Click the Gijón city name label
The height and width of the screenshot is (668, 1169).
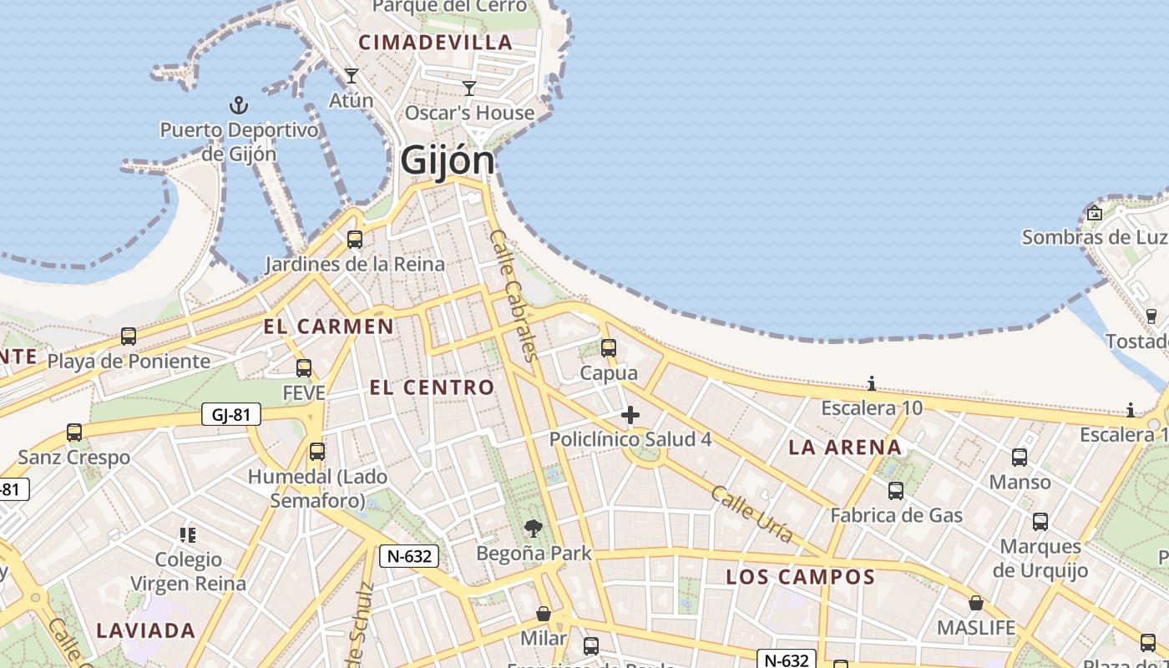[447, 159]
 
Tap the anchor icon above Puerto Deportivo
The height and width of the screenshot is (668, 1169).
[240, 105]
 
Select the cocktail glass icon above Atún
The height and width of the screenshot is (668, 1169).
[352, 76]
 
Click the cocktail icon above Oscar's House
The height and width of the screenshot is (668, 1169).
[469, 88]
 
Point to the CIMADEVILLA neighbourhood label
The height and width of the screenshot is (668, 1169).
[435, 43]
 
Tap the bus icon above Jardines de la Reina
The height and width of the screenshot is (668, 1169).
[355, 240]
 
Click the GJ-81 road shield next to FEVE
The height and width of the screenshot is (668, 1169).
[231, 414]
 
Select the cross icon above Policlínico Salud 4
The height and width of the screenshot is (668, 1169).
[630, 415]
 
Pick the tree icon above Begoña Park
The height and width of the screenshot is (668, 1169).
[534, 528]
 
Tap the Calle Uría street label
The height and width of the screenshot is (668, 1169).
[751, 514]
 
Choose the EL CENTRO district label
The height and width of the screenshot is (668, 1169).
[432, 387]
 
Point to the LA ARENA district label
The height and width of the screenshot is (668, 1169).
[845, 448]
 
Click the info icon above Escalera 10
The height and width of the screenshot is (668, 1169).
[872, 383]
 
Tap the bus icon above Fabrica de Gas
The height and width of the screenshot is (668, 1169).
[896, 491]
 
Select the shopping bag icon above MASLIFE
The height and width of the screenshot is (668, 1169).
[975, 603]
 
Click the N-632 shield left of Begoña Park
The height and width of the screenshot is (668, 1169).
[409, 556]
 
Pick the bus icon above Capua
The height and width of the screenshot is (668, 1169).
[609, 348]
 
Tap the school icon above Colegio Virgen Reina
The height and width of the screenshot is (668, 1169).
[188, 534]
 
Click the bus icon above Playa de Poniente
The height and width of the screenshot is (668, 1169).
[129, 337]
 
